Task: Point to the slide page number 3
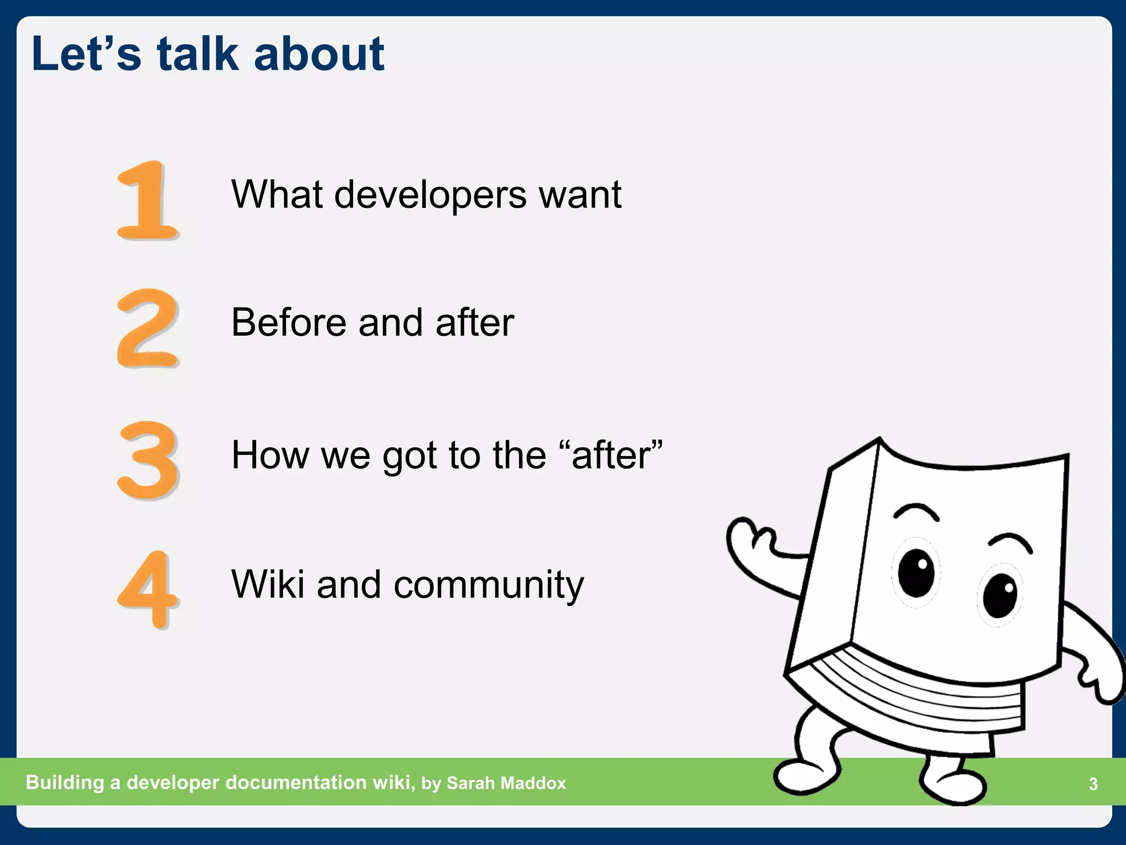pos(1093,784)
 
